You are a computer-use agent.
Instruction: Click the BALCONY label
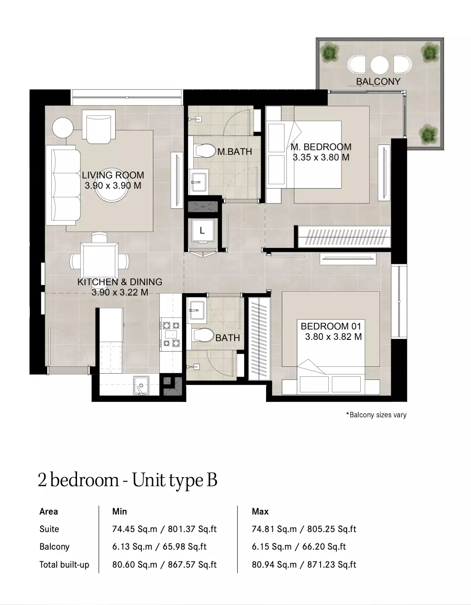tap(378, 81)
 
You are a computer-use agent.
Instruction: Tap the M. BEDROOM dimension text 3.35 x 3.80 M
tap(321, 158)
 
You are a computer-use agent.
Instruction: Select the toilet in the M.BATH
tap(205, 151)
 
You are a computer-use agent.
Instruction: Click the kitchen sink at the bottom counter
tap(141, 386)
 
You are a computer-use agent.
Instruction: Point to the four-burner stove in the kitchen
tap(171, 334)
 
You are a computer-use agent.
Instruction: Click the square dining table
tap(99, 261)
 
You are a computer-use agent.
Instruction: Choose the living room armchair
tap(99, 126)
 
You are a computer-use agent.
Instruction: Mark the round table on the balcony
tap(380, 65)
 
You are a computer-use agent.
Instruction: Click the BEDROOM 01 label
tap(331, 326)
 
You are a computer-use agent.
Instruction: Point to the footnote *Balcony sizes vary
tap(376, 415)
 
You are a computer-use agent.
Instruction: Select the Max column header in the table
tap(260, 511)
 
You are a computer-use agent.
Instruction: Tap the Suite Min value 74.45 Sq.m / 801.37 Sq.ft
tap(164, 529)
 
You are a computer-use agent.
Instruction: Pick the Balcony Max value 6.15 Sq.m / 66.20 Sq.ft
tap(299, 546)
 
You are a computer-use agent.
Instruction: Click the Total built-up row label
tap(64, 564)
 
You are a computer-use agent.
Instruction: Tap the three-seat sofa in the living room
tap(63, 185)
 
